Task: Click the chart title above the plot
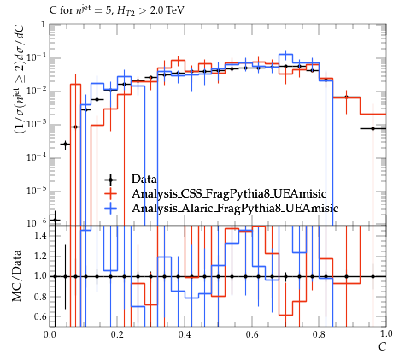117,10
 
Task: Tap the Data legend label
144,180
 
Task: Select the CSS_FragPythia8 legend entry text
229,194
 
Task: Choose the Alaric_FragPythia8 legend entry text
235,209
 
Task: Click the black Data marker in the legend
110,180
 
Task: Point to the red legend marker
110,194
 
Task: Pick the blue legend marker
110,209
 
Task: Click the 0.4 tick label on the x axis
185,334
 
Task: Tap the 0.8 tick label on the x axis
319,334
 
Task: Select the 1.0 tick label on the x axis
386,333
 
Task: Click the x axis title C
382,347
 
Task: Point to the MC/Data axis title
16,275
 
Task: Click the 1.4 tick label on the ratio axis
40,236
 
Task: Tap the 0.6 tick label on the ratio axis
40,316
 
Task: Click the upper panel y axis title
18,80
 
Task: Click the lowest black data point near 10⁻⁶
56,220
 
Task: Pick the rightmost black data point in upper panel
373,128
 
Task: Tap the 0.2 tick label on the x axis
117,334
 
